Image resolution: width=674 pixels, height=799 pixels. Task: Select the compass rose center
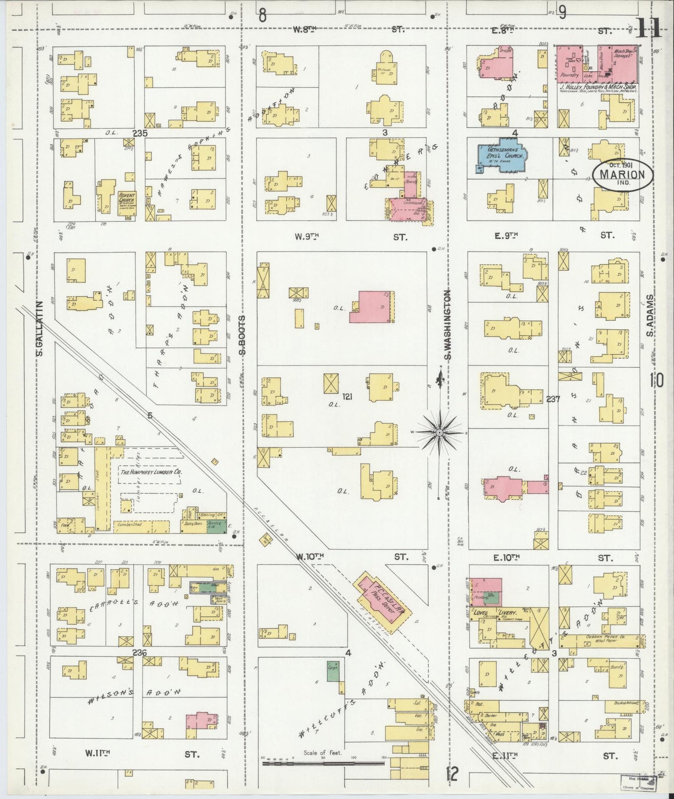coord(439,433)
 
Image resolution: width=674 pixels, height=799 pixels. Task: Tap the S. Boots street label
coord(242,335)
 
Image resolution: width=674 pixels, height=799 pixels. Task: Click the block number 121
coord(347,397)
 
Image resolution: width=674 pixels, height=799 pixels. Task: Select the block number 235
coord(139,133)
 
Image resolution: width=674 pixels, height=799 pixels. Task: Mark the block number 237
coord(553,399)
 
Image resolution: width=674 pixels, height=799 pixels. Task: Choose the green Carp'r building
coord(333,671)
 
